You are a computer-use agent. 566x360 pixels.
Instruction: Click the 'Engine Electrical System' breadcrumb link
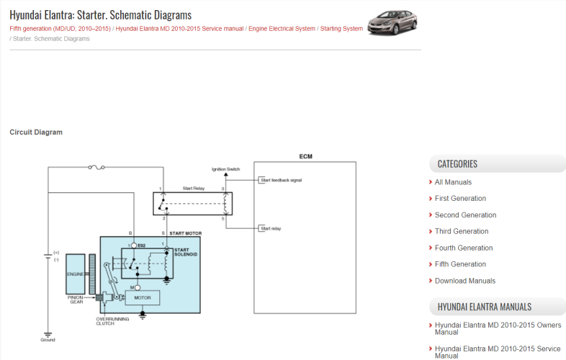point(282,29)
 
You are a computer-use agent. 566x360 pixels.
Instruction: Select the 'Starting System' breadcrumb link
point(341,29)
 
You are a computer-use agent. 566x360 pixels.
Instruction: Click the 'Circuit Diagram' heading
point(36,132)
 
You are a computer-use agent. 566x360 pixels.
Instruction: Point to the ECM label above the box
point(305,156)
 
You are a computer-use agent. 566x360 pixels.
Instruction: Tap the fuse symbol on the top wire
point(94,168)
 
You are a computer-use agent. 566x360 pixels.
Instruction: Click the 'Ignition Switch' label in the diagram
point(225,169)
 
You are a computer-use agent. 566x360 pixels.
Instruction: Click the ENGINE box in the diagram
point(76,274)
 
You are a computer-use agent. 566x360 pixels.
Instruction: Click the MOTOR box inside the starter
point(142,297)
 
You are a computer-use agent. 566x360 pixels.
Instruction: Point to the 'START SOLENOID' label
point(186,252)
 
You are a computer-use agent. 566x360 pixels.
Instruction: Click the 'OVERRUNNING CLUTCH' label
point(110,321)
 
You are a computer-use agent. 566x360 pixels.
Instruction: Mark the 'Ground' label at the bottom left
point(48,340)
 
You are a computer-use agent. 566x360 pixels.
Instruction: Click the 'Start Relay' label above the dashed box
point(192,189)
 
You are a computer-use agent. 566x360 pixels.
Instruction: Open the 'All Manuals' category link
point(453,182)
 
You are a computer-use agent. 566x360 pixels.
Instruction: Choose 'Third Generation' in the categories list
point(461,231)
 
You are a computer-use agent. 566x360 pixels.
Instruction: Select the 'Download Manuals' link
point(464,281)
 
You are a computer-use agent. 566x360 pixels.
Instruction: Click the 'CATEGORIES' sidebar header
point(457,163)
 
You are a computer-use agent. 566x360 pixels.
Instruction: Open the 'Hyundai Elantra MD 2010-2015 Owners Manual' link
point(498,328)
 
